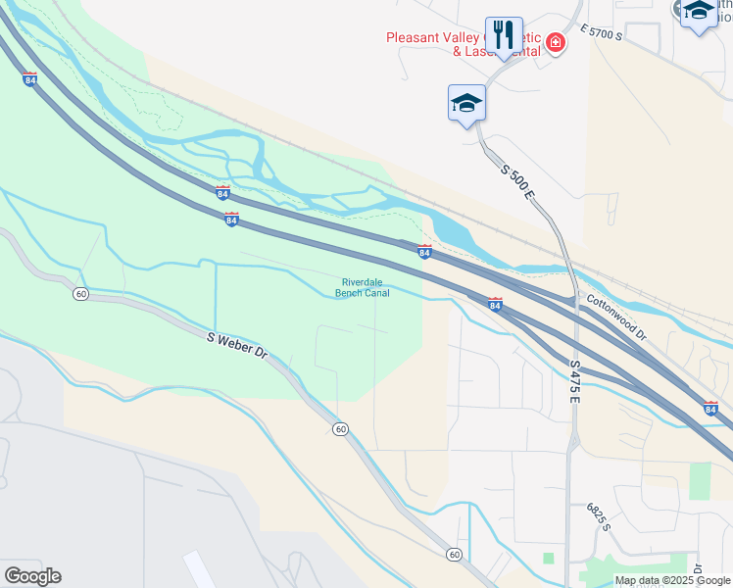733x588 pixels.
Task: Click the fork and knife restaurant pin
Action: [x=504, y=35]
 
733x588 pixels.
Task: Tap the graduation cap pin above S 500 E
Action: [x=467, y=103]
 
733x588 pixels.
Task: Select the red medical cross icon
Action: [x=556, y=42]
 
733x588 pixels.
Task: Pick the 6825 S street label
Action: [x=599, y=516]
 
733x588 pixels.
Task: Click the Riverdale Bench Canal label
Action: [x=363, y=286]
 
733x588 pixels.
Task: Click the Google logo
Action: [x=32, y=576]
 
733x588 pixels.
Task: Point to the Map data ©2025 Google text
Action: [x=672, y=580]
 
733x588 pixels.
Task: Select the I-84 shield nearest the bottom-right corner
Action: [x=710, y=407]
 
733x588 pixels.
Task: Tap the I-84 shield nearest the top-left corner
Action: [x=30, y=79]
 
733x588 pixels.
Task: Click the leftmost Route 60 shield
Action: [x=80, y=293]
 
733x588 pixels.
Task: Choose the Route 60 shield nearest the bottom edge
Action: [x=454, y=555]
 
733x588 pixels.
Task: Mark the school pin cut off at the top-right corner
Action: [x=698, y=14]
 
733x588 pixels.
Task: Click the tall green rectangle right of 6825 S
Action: [x=700, y=481]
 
